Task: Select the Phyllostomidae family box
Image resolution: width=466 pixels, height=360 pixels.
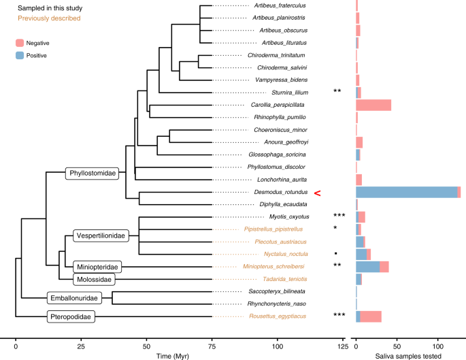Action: tap(92, 174)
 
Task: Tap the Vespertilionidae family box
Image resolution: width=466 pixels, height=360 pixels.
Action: tap(100, 235)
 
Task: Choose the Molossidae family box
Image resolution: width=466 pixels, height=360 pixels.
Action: tap(95, 279)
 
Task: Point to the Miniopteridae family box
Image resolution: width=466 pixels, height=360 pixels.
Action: tap(96, 266)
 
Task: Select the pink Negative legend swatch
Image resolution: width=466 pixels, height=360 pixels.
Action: tap(21, 42)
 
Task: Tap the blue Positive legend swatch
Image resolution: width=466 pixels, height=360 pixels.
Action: tap(21, 55)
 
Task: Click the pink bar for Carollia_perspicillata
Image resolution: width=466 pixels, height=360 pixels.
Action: tap(373, 105)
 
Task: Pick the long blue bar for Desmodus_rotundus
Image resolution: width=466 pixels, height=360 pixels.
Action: tap(406, 192)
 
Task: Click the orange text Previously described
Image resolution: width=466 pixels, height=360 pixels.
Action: tap(44, 18)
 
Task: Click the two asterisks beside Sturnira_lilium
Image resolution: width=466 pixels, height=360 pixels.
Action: tap(337, 91)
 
